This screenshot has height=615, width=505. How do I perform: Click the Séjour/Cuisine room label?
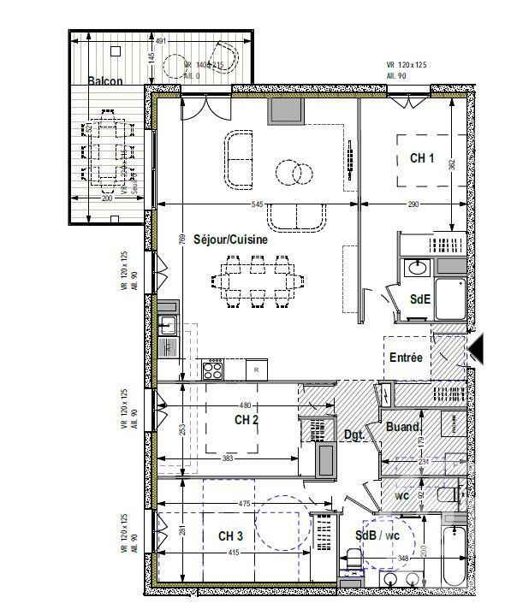tap(230, 240)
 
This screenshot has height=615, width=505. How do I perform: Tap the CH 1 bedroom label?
tap(422, 158)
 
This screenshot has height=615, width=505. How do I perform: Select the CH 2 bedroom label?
tap(247, 419)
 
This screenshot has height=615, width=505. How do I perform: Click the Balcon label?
tap(105, 81)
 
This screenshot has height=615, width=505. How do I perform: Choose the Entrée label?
tap(406, 358)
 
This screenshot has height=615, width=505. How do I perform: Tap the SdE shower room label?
tap(419, 299)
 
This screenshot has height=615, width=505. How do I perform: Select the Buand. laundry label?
tap(402, 427)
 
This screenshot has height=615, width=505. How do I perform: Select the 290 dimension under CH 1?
tap(414, 204)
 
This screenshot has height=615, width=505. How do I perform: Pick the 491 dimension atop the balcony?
tap(159, 40)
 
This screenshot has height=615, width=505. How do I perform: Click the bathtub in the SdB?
tap(454, 555)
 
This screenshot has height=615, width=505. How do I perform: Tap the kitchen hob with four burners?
tap(212, 370)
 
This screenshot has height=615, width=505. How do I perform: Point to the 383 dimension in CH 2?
tap(229, 459)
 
